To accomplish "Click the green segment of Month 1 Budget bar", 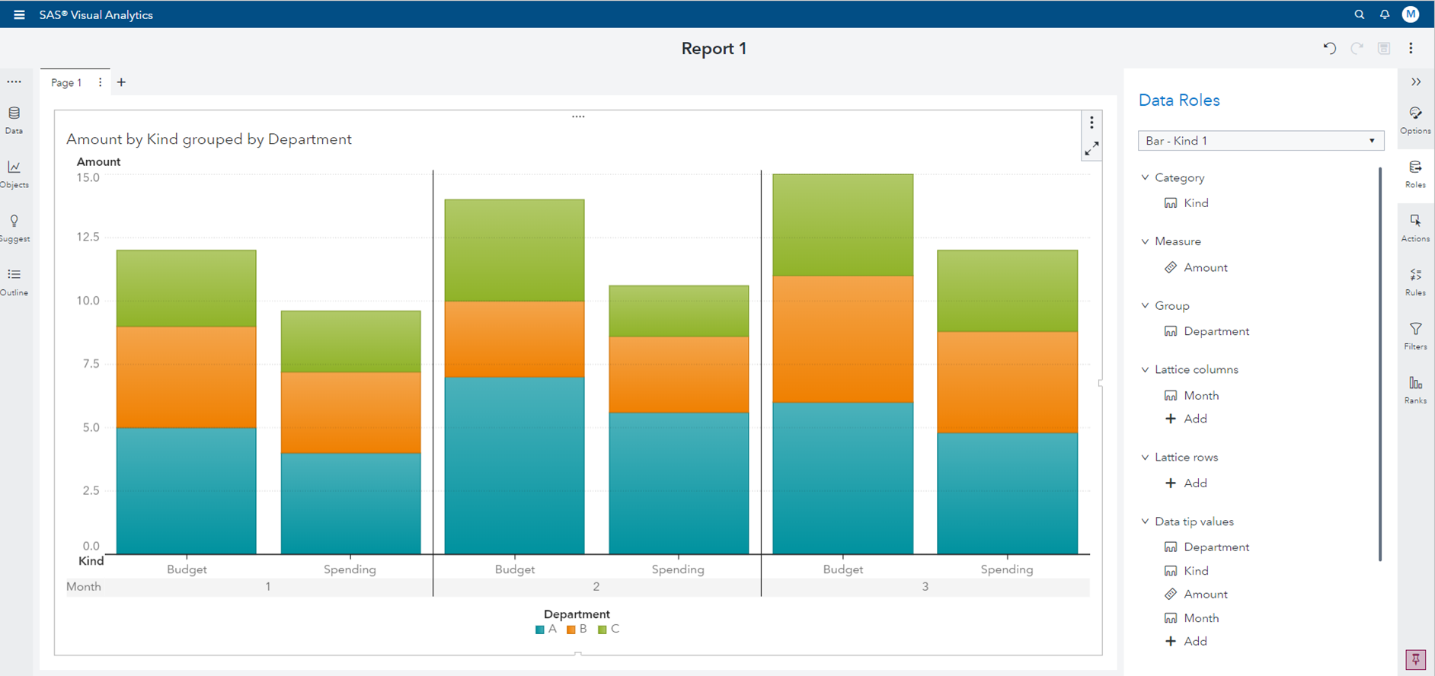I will click(x=187, y=289).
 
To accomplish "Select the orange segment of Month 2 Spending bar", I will click(x=679, y=375).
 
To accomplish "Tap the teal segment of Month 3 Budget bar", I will click(x=842, y=477).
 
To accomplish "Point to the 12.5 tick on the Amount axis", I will click(x=88, y=237).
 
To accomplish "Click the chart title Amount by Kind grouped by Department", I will click(x=209, y=139).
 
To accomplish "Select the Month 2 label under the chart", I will click(x=596, y=586).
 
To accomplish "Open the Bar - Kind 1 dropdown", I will click(x=1261, y=141).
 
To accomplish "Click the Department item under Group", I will click(x=1216, y=331).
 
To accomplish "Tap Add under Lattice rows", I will click(x=1194, y=483).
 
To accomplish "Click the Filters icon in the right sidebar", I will click(x=1415, y=335).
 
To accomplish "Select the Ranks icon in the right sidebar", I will click(x=1415, y=389).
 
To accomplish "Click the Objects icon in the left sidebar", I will click(x=14, y=173).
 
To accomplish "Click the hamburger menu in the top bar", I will click(x=19, y=14).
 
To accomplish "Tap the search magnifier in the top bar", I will click(x=1359, y=14).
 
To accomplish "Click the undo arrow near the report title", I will click(x=1329, y=48).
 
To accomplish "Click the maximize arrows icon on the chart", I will click(x=1091, y=148).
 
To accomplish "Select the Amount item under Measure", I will click(x=1205, y=267).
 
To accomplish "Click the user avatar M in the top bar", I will click(x=1410, y=14).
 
